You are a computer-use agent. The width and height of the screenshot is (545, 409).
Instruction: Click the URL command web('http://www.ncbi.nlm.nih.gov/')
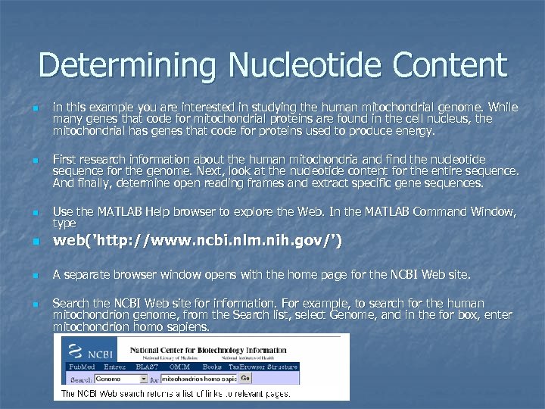(197, 242)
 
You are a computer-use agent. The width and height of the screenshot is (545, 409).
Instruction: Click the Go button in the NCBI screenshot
(245, 377)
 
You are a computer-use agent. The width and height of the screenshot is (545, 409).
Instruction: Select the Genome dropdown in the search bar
(122, 378)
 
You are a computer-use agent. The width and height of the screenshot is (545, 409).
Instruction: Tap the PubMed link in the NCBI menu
(82, 367)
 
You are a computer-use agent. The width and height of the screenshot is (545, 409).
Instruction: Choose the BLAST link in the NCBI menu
(147, 367)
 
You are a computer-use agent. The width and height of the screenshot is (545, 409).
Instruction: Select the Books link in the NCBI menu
(212, 367)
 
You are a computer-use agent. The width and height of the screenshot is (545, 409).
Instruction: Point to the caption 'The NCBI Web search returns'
(174, 392)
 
